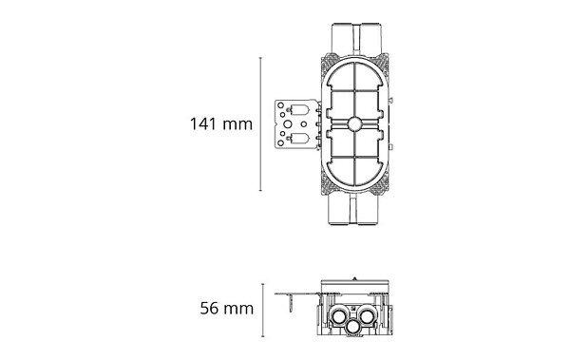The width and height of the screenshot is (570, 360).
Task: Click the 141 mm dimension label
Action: tap(221, 124)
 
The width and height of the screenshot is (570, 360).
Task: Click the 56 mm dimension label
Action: tap(226, 309)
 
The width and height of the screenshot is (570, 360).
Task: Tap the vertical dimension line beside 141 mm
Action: tap(260, 124)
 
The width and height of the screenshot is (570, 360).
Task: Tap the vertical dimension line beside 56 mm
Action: tap(263, 311)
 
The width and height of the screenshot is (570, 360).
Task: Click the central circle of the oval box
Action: tap(353, 124)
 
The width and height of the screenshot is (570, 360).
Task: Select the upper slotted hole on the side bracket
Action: tap(300, 110)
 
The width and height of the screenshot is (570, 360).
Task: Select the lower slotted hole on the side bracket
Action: tap(300, 138)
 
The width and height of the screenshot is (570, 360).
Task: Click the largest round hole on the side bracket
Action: tap(288, 124)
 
